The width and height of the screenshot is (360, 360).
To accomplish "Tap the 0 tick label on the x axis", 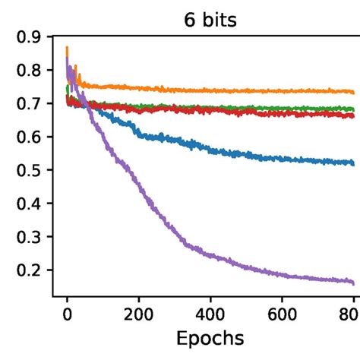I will [67, 311].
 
